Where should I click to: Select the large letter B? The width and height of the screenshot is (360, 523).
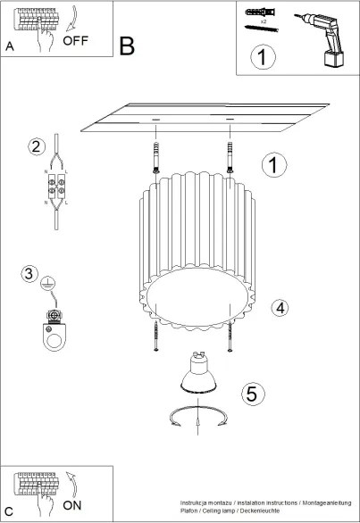[x=127, y=46]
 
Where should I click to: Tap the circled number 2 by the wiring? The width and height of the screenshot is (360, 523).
[x=37, y=146]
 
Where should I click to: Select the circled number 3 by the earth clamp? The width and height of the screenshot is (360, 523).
[x=30, y=274]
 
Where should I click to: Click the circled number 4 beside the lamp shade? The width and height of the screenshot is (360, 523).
[x=280, y=308]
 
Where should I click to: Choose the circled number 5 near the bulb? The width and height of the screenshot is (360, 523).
[x=253, y=393]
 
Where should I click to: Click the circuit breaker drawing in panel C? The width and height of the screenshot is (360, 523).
[x=36, y=485]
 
